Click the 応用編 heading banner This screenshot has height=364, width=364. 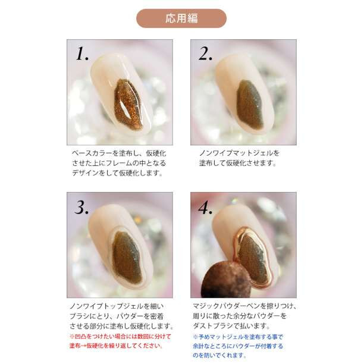pos(181,18)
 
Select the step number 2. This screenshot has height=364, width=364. pos(206,54)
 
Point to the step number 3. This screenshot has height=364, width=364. pos(81,207)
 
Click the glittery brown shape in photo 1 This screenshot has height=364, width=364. pos(128,104)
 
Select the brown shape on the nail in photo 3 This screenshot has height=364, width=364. pos(127,257)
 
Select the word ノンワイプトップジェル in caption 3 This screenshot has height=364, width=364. pos(106,306)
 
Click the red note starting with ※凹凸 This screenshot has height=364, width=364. pos(120,341)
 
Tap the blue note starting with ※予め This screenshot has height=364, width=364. pos(238,346)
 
